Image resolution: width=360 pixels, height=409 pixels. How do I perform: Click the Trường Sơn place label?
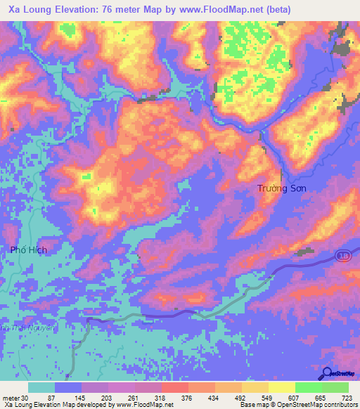coord(281,188)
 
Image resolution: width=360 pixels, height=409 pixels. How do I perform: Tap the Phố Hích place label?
coord(28,249)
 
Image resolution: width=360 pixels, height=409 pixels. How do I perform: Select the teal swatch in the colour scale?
coord(41,387)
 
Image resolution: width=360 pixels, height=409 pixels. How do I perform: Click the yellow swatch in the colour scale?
coord(281,387)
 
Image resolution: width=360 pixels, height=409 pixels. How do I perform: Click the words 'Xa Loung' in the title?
coord(32,10)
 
